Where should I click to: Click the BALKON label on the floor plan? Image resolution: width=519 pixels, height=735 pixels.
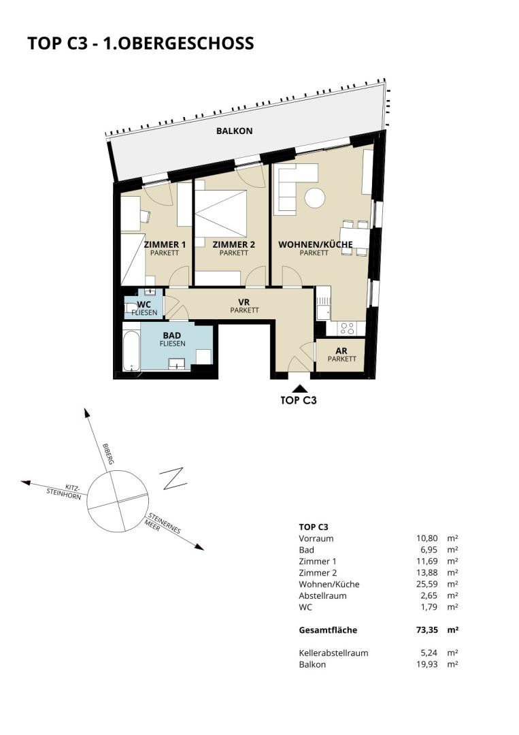point(234,131)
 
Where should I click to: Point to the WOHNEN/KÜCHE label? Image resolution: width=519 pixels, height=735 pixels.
point(315,244)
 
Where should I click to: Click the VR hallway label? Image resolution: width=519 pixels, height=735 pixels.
point(244,302)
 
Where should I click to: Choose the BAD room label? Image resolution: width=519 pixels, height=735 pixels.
point(172,336)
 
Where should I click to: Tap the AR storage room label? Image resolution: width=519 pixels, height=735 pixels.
point(341,351)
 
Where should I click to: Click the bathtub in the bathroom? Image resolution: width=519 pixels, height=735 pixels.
point(132,351)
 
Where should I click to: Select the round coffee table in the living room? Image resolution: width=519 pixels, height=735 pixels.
point(315,198)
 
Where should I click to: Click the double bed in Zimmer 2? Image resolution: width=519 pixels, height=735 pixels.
point(220,214)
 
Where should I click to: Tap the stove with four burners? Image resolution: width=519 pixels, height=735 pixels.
point(347,328)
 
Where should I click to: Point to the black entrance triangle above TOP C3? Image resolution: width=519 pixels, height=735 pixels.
point(299,388)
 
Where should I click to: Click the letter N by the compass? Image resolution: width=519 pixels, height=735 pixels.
point(173,478)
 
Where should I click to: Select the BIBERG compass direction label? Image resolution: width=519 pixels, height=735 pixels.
point(108,454)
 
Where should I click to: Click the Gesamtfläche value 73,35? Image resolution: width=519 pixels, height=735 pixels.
point(426,630)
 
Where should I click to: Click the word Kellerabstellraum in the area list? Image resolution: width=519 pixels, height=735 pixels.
point(333,653)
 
